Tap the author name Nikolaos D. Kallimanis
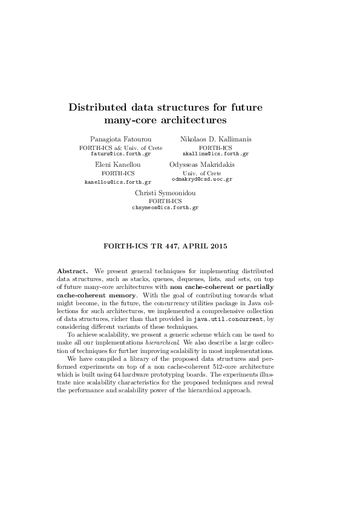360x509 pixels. pyautogui.click(x=215, y=139)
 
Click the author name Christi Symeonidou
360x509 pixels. pyautogui.click(x=165, y=193)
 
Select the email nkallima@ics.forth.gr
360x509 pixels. pyautogui.click(x=215, y=154)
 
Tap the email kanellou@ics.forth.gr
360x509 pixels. pyautogui.click(x=117, y=181)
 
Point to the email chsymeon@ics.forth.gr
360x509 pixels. pyautogui.click(x=165, y=207)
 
